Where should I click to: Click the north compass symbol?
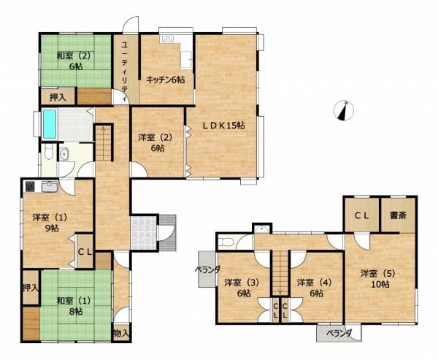(344, 110)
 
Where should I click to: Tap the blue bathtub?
(50, 124)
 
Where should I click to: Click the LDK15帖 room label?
(223, 126)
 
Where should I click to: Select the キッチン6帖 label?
(166, 80)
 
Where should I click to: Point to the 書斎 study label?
(398, 215)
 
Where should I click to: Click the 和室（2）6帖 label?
(74, 61)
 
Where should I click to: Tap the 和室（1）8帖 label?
(74, 306)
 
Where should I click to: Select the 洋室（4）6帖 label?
(314, 288)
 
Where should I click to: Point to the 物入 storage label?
(121, 333)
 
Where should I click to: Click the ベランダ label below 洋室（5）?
(339, 333)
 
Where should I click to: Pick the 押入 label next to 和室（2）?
(58, 97)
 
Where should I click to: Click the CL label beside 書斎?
(362, 215)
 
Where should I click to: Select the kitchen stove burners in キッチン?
(167, 39)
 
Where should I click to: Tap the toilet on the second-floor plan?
(225, 241)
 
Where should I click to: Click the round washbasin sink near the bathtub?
(64, 154)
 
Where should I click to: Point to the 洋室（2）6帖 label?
(155, 143)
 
